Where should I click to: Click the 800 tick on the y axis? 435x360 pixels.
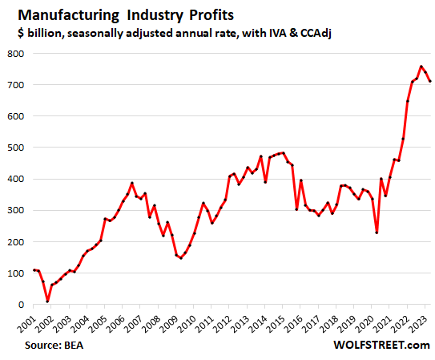pyautogui.click(x=16, y=53)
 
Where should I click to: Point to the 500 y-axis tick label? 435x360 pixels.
pyautogui.click(x=16, y=148)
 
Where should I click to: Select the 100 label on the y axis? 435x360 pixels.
pyautogui.click(x=16, y=273)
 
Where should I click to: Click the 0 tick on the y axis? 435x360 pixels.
pyautogui.click(x=22, y=305)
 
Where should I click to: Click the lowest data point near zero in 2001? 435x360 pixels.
pyautogui.click(x=48, y=301)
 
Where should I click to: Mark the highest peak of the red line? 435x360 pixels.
pyautogui.click(x=421, y=67)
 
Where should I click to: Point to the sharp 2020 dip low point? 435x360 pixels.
pyautogui.click(x=377, y=233)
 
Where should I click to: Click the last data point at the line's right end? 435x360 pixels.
pyautogui.click(x=430, y=81)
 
